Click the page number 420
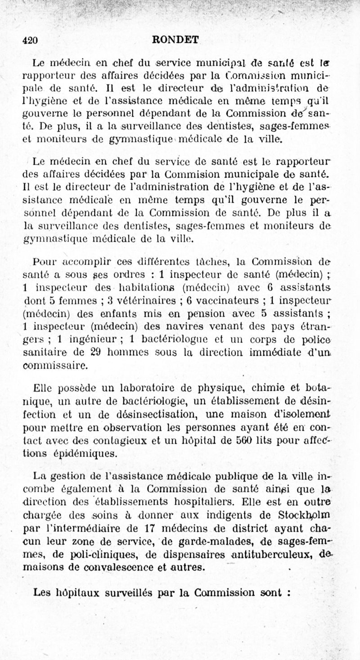coord(30,40)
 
